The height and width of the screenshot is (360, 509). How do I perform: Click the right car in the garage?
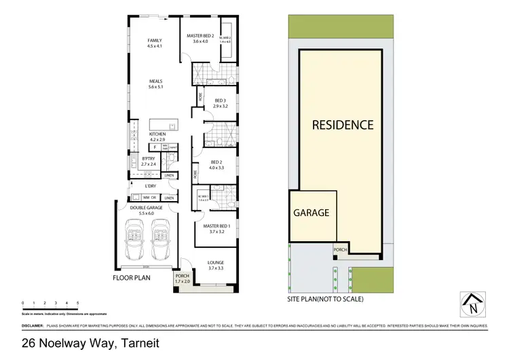[160, 241]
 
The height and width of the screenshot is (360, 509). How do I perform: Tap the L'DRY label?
[151, 185]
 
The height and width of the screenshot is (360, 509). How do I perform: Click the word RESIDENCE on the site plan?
[343, 125]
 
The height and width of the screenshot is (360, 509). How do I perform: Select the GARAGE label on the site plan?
[311, 213]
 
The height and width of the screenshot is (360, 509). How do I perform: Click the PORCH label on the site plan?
[341, 249]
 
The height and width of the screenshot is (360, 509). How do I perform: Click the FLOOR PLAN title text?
[132, 278]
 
